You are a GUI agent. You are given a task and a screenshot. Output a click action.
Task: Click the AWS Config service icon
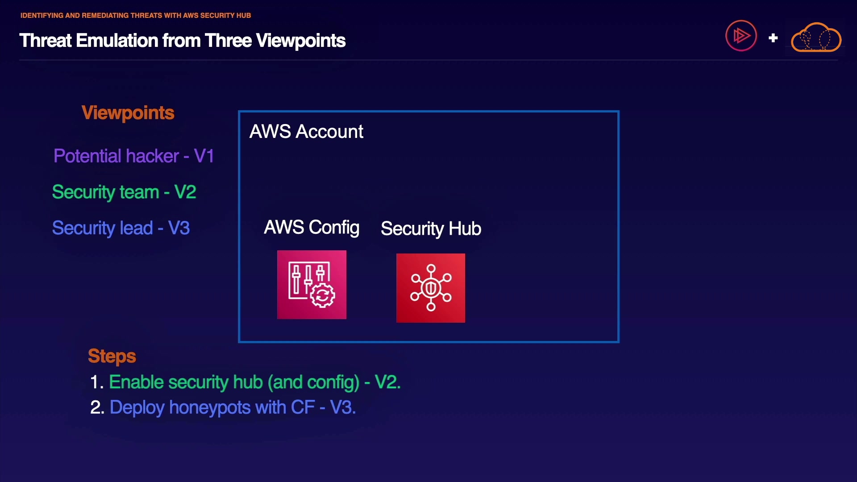click(312, 285)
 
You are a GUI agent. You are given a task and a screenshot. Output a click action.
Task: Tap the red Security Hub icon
click(431, 288)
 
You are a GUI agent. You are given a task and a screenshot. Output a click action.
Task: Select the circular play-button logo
click(741, 36)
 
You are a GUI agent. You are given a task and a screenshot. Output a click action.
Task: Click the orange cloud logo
click(816, 38)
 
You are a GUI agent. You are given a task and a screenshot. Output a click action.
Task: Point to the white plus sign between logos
click(773, 38)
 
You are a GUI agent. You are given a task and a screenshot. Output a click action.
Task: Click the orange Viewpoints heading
click(128, 113)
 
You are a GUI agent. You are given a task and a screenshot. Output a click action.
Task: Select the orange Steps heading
click(112, 356)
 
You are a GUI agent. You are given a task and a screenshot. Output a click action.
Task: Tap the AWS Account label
click(306, 132)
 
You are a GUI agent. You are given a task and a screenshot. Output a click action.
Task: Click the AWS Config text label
click(312, 228)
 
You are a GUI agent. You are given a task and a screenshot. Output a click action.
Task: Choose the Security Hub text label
click(431, 229)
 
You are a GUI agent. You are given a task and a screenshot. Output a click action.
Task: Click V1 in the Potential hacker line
click(204, 156)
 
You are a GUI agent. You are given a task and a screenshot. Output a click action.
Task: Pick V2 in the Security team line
click(185, 192)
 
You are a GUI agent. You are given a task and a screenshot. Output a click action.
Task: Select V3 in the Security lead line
click(179, 228)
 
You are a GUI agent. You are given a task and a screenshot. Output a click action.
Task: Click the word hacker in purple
click(152, 156)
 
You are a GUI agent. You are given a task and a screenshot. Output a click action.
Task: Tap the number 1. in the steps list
click(97, 382)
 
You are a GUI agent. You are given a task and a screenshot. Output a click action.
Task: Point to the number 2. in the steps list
click(97, 407)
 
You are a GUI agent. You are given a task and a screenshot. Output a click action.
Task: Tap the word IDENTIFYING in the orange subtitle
click(42, 16)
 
